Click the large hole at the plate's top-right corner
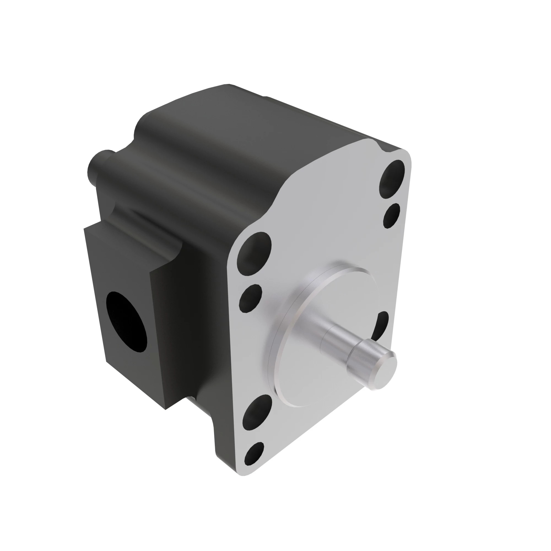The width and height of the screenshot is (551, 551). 391,179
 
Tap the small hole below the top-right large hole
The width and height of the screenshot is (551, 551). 391,216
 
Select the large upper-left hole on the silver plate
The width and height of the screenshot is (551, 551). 254,254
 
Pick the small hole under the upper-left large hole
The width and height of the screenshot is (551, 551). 251,298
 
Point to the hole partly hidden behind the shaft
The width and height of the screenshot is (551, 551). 382,325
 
